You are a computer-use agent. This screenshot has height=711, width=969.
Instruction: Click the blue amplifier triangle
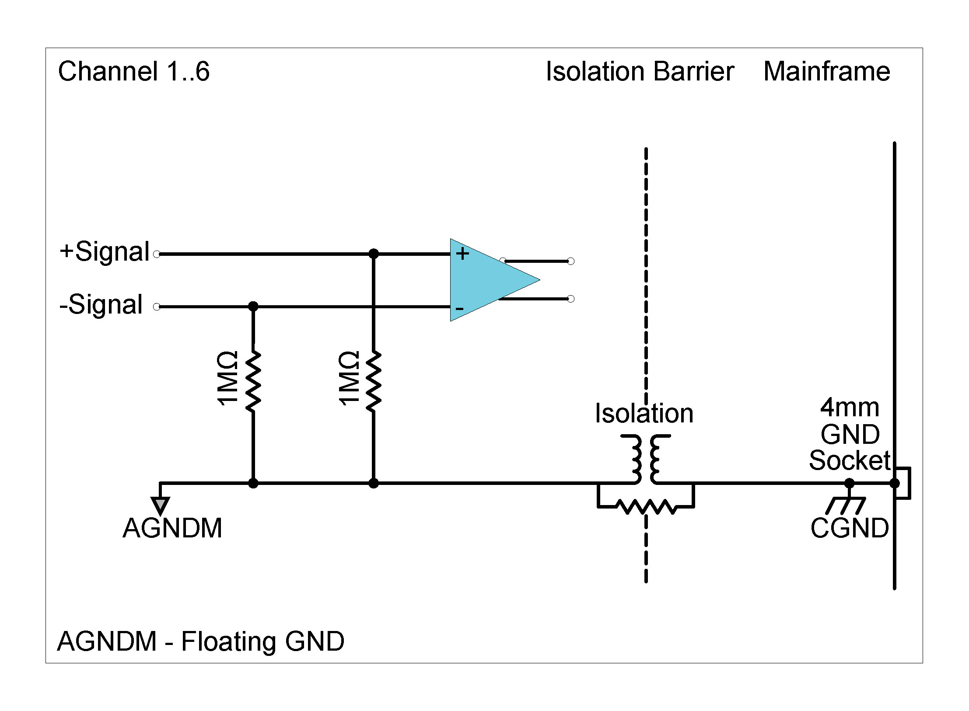pos(486,280)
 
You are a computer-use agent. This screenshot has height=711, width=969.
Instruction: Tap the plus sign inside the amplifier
pos(462,254)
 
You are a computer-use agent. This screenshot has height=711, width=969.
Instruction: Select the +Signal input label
pos(105,252)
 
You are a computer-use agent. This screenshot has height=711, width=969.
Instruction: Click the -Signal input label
pos(101,305)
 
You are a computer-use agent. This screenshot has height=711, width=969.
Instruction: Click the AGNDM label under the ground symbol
pos(172,528)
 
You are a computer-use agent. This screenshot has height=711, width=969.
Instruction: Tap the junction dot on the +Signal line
pos(373,254)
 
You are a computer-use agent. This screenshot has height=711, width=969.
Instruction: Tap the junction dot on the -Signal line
pos(253,307)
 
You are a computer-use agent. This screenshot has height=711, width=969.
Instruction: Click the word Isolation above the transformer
pos(644,414)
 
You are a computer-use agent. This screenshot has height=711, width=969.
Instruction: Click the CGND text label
pos(849,528)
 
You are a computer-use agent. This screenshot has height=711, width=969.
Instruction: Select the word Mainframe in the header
pos(826,71)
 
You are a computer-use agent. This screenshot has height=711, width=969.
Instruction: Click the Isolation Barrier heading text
pos(640,71)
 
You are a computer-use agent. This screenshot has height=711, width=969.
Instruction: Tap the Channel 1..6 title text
pos(134,71)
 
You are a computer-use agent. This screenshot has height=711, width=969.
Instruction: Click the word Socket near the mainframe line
pos(849,460)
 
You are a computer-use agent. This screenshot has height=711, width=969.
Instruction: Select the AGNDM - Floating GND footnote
pos(200,641)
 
